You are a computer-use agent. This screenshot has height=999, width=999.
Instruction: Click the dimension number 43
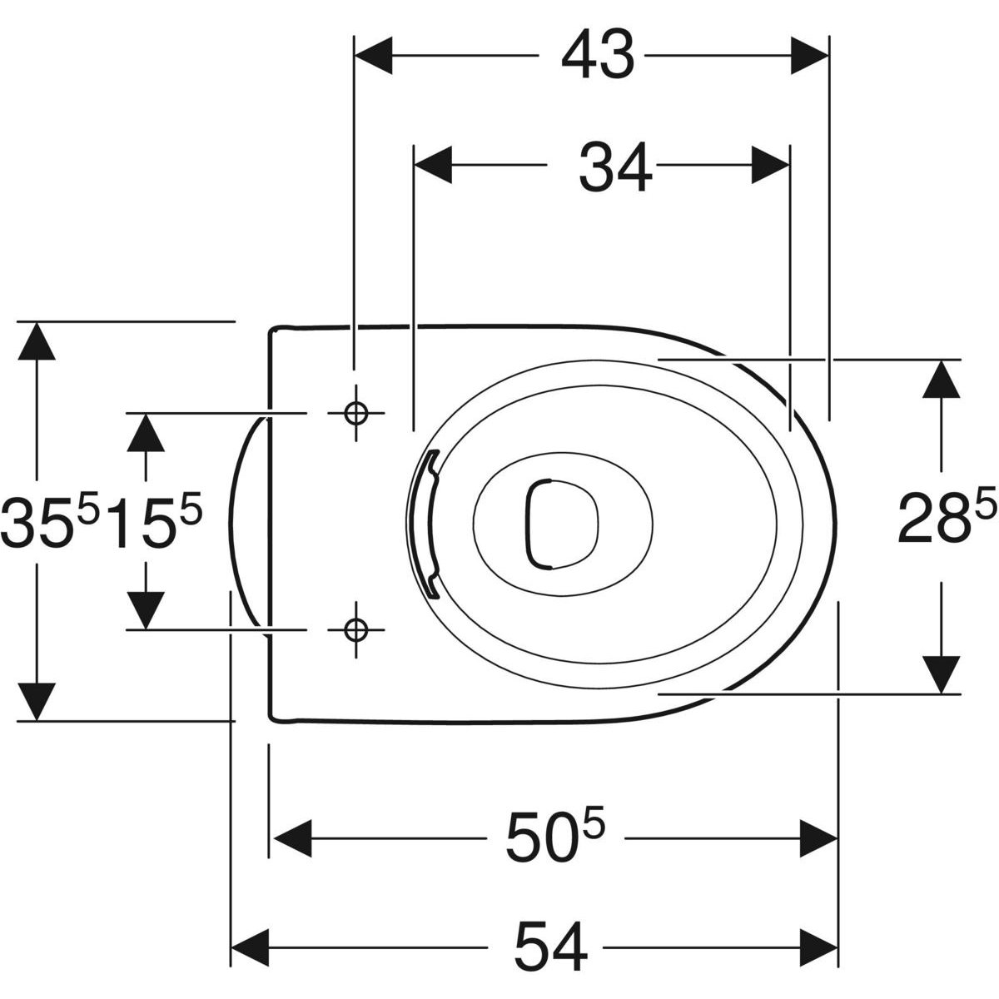point(598,56)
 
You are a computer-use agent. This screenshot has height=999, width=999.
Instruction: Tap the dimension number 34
point(615,166)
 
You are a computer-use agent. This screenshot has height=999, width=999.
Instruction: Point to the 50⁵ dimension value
point(555,838)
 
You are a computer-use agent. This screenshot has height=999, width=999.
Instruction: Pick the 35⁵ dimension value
point(49,522)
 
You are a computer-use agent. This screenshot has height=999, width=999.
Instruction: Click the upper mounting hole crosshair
point(355,413)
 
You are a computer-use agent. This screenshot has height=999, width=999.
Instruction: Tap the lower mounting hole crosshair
point(355,630)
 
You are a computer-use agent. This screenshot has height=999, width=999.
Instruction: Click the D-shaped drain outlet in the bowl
point(562,524)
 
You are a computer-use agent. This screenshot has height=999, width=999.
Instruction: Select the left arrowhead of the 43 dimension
point(373,56)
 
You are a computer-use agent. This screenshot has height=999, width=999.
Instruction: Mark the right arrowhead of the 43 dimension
point(809,56)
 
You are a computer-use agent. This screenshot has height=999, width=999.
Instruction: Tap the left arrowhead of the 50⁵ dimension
point(292,838)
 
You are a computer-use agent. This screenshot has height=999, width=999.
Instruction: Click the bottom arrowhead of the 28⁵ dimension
point(941,675)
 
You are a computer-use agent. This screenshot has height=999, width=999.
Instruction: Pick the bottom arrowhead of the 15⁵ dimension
point(146,610)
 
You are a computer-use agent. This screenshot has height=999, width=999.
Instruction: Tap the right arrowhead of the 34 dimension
point(770,165)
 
